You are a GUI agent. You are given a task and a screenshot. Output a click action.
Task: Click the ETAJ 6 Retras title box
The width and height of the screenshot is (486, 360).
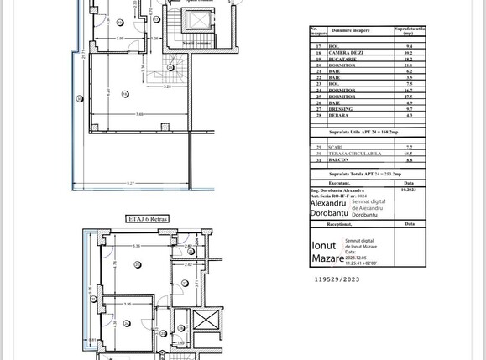pyautogui.click(x=148, y=218)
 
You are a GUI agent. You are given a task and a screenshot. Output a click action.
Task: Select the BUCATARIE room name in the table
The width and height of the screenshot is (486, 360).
pyautogui.click(x=342, y=59)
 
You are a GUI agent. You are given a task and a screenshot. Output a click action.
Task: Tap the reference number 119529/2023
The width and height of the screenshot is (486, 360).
pyautogui.click(x=337, y=279)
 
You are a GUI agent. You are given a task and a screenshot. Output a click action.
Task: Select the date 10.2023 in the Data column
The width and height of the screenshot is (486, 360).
pyautogui.click(x=409, y=190)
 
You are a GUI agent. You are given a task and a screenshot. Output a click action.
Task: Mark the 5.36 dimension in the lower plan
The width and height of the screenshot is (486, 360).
pyautogui.click(x=135, y=246)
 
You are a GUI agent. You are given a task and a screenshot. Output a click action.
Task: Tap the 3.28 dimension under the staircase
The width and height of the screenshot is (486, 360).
pyautogui.click(x=167, y=86)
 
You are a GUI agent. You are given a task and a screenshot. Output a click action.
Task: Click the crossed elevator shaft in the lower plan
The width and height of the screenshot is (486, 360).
pyautogui.click(x=206, y=321)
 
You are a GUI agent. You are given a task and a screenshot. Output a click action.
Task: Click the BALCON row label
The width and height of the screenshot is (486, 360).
pyautogui.click(x=340, y=160)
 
